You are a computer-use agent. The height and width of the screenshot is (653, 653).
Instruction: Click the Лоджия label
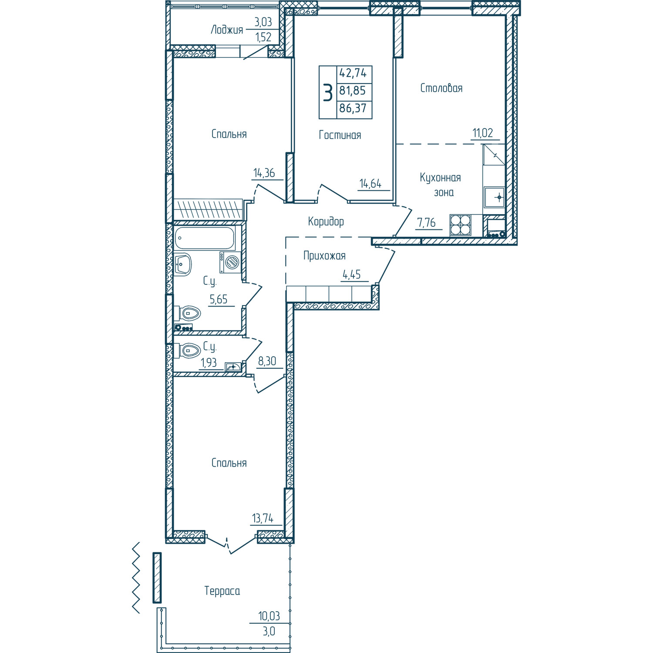click(x=227, y=30)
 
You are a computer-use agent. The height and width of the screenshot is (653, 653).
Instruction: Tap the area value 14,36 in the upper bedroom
click(x=264, y=173)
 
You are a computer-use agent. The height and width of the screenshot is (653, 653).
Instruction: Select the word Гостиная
click(x=340, y=135)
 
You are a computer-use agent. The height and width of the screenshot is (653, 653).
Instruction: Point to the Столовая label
click(x=441, y=88)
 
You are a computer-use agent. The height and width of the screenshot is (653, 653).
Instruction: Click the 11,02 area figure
click(x=483, y=133)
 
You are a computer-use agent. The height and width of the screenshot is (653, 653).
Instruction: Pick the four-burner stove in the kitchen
click(x=461, y=225)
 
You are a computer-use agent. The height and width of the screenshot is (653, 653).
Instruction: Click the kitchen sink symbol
click(x=495, y=198)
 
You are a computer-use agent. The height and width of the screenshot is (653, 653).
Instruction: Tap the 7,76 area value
click(x=427, y=222)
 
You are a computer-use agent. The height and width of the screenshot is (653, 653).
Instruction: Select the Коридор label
click(x=326, y=221)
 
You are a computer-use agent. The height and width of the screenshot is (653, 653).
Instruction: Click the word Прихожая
click(x=325, y=256)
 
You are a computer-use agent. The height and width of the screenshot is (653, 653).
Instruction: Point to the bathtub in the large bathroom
click(x=205, y=238)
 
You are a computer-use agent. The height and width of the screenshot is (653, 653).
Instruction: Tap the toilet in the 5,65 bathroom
click(x=187, y=313)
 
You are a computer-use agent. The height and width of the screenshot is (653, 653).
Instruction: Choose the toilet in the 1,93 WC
click(x=187, y=350)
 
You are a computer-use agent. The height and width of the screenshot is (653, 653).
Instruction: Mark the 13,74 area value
click(x=263, y=518)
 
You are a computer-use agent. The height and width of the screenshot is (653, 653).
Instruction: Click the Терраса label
click(x=222, y=591)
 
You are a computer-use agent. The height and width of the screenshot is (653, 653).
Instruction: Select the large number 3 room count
click(x=328, y=92)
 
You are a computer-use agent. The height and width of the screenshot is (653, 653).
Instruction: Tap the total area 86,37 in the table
click(x=353, y=108)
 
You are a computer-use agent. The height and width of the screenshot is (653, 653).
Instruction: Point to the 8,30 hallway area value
click(x=267, y=361)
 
